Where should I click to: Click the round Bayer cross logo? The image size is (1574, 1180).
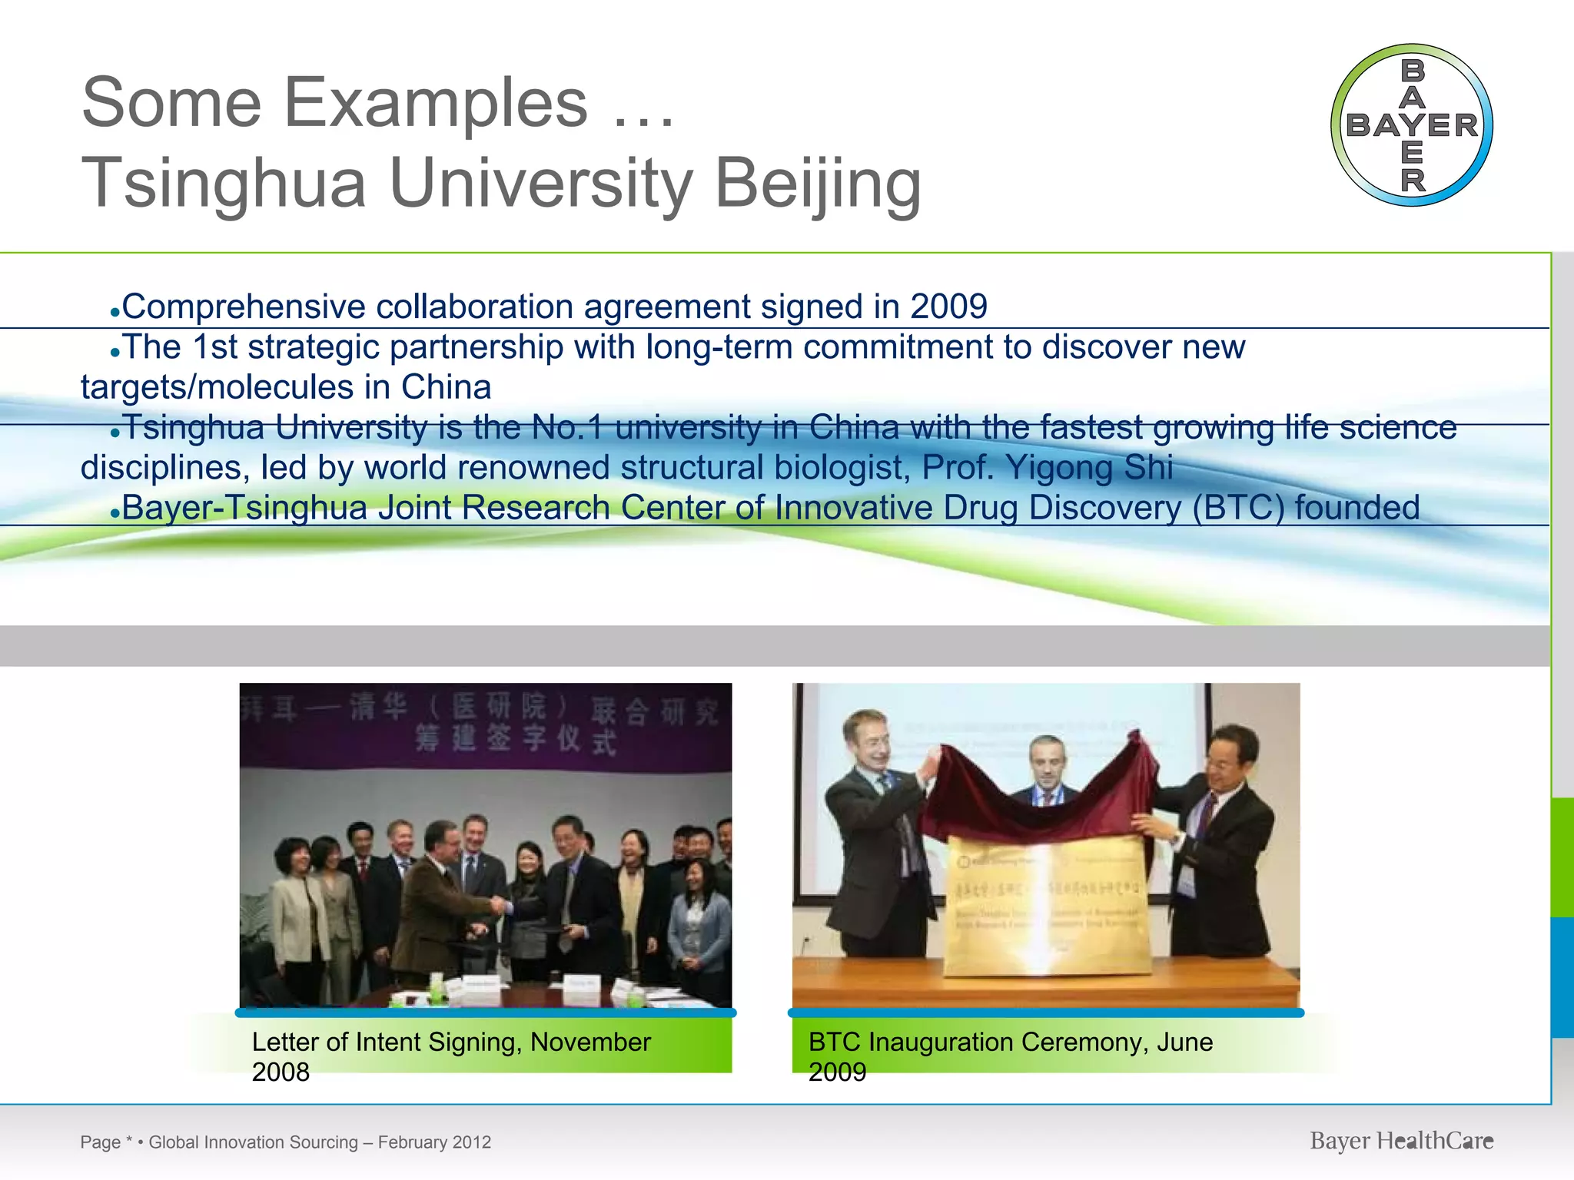click(x=1412, y=125)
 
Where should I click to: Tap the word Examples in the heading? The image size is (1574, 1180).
click(x=436, y=103)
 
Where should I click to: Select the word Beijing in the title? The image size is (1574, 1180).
click(x=818, y=184)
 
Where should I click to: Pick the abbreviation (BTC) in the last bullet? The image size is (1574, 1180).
click(x=1238, y=507)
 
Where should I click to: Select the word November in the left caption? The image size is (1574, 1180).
click(x=590, y=1042)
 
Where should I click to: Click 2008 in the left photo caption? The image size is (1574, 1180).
click(x=281, y=1072)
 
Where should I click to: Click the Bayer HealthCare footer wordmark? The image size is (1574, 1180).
click(x=1401, y=1141)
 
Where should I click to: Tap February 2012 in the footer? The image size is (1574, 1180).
click(x=434, y=1142)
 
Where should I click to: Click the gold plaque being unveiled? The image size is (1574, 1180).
click(x=1045, y=907)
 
